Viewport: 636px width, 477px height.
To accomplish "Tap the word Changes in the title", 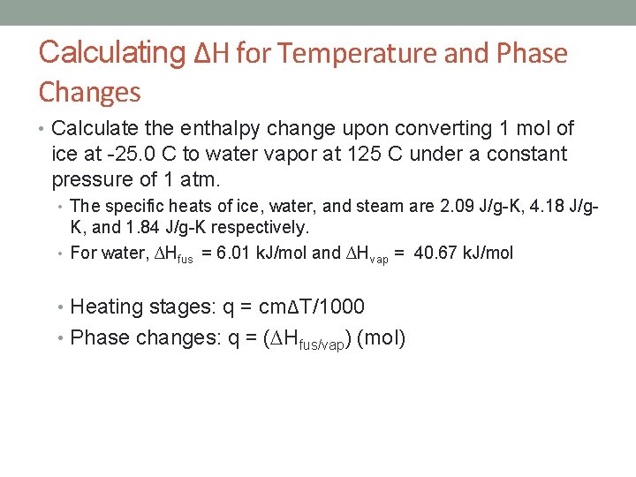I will click(89, 92).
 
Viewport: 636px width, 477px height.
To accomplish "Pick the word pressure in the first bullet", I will click(94, 180).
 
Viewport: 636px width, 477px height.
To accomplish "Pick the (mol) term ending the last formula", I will click(381, 337).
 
